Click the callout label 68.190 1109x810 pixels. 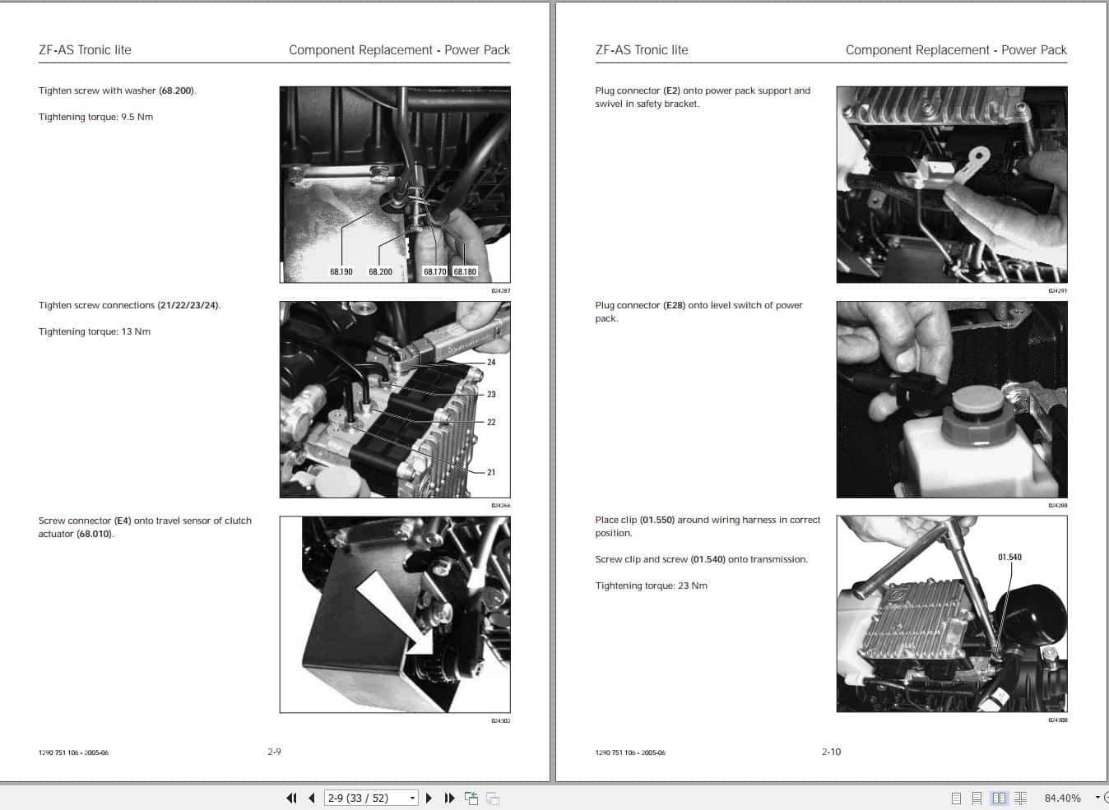click(341, 271)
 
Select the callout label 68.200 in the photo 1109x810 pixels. click(380, 271)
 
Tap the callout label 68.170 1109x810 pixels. click(434, 271)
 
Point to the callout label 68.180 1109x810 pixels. click(465, 271)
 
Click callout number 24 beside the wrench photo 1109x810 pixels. click(491, 362)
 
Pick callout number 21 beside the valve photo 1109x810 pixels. click(491, 472)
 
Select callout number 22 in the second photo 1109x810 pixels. click(491, 422)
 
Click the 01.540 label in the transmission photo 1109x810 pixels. click(1009, 558)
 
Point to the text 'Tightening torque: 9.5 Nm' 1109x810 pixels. click(95, 117)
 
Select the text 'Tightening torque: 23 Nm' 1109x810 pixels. click(651, 586)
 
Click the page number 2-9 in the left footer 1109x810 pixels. click(274, 752)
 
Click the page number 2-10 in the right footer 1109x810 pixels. click(831, 752)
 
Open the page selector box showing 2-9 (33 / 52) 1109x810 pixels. click(371, 798)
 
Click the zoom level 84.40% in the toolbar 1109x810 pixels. click(1062, 798)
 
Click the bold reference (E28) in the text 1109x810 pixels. click(674, 305)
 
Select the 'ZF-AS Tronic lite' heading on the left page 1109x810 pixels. click(85, 49)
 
